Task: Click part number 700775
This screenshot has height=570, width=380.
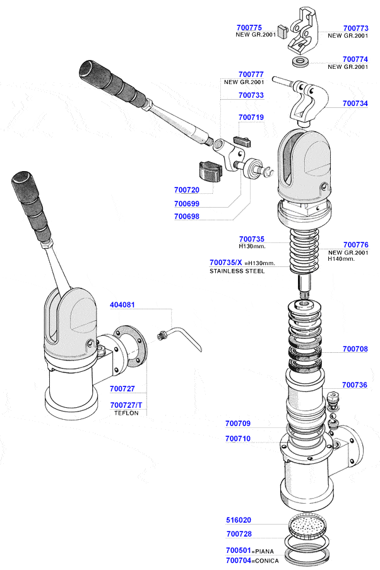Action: [248, 28]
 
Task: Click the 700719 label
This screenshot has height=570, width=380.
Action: [251, 117]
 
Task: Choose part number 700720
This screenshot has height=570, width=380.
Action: [186, 189]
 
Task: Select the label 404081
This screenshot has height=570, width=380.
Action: [122, 304]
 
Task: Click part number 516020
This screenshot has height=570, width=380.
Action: [239, 521]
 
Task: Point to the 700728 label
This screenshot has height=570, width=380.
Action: [239, 534]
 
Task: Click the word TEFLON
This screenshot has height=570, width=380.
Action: [126, 413]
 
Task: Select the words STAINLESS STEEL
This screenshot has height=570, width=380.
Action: [237, 271]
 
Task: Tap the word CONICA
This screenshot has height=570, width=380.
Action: [268, 561]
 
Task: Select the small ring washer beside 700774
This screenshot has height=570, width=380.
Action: [300, 62]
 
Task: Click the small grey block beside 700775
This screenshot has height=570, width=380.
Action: [283, 29]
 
